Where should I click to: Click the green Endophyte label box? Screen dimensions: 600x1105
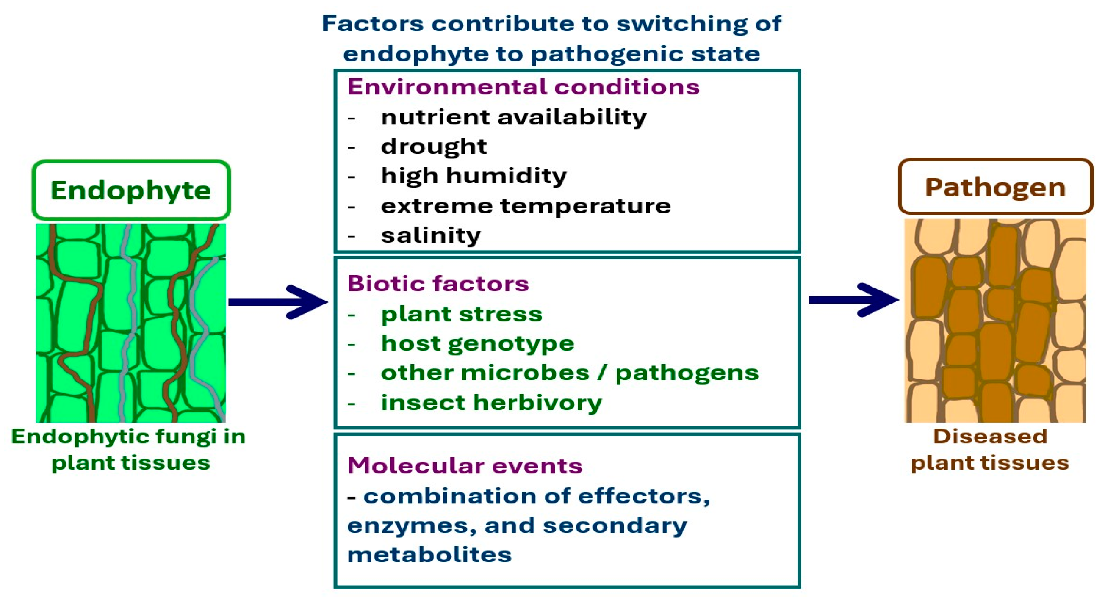coord(131,190)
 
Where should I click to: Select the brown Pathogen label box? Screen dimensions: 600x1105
coord(995,187)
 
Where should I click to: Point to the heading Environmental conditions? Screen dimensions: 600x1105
coord(523,87)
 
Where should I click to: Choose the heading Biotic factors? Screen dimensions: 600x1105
coord(438,284)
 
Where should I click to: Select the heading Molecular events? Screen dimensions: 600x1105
coord(465,465)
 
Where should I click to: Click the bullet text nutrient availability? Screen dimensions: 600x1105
coord(513,117)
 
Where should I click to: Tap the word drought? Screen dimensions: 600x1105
coord(434,147)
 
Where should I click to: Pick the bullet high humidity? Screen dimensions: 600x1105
coord(474,176)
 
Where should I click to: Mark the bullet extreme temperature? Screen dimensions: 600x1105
coord(526,206)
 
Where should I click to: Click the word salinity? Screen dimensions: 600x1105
coord(431,235)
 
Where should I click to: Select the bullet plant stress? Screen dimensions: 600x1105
coord(462,314)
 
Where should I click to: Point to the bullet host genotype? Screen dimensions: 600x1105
coord(477,343)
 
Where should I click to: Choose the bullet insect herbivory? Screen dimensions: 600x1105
coord(491,403)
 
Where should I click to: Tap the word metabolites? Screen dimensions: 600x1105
coord(429,555)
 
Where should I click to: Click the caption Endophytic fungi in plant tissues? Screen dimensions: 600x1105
coord(129,449)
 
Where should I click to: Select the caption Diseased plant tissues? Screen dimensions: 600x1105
coord(990,449)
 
